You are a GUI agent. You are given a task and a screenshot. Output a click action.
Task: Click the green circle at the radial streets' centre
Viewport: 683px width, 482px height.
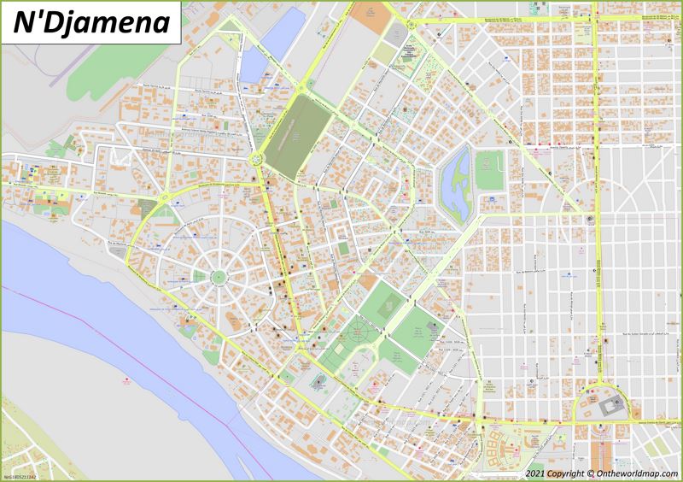pos(219,276)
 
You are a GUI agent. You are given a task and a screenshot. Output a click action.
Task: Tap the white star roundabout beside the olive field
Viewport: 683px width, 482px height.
pos(255,157)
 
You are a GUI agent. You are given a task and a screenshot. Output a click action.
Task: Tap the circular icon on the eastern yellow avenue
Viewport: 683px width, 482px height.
pos(590,220)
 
